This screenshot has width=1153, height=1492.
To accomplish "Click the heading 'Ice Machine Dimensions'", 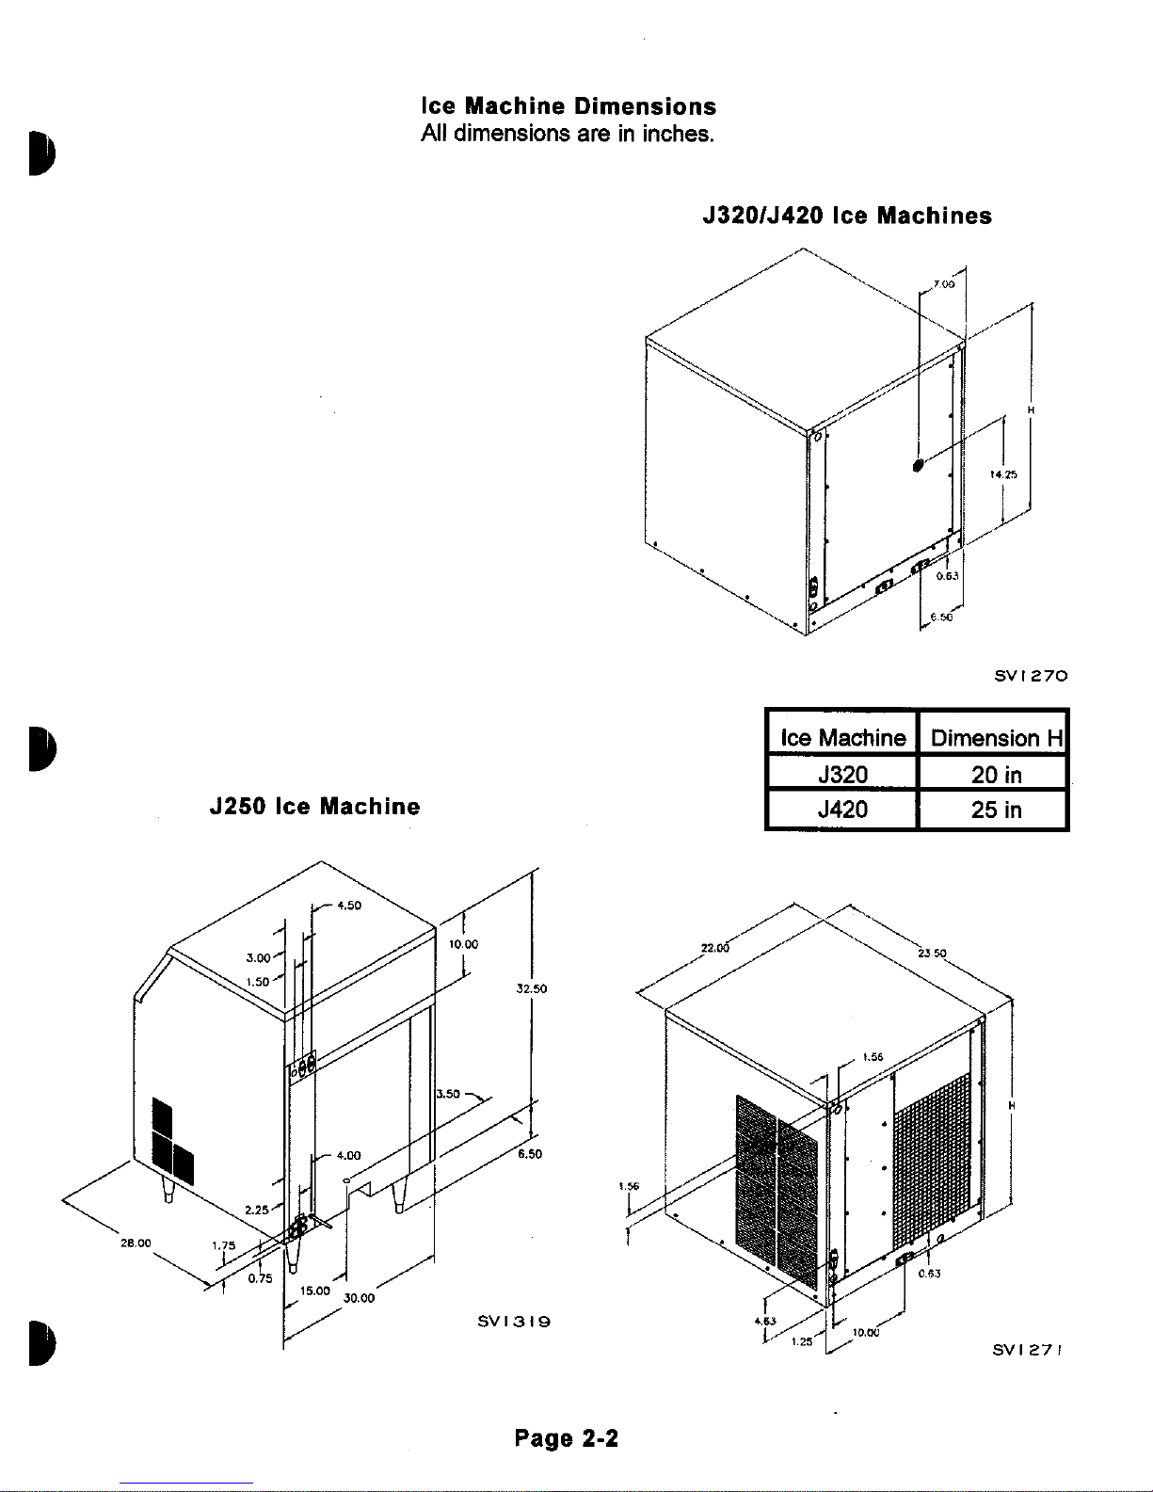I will coord(568,106).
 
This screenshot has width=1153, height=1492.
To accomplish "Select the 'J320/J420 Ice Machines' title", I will coord(847,217).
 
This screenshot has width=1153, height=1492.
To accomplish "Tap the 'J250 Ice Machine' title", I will coord(314,807).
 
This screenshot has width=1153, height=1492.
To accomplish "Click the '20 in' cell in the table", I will coord(996,775).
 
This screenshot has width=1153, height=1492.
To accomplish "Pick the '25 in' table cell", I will coord(996,810).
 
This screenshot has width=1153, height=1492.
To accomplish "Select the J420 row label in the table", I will coord(842,810).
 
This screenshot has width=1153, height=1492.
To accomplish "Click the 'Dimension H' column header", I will coord(996,738).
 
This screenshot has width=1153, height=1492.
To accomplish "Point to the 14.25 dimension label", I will coord(1004,475).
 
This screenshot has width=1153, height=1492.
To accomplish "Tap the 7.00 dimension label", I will coord(943,283).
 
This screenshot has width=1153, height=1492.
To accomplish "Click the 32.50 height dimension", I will coord(532,989).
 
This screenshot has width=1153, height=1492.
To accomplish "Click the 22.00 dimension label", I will coord(715,949).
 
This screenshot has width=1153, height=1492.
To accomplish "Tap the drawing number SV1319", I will coord(514,1321).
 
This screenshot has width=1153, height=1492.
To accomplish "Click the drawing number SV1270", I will coord(1031,675).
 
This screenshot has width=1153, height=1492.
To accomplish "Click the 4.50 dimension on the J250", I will coord(349,906).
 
